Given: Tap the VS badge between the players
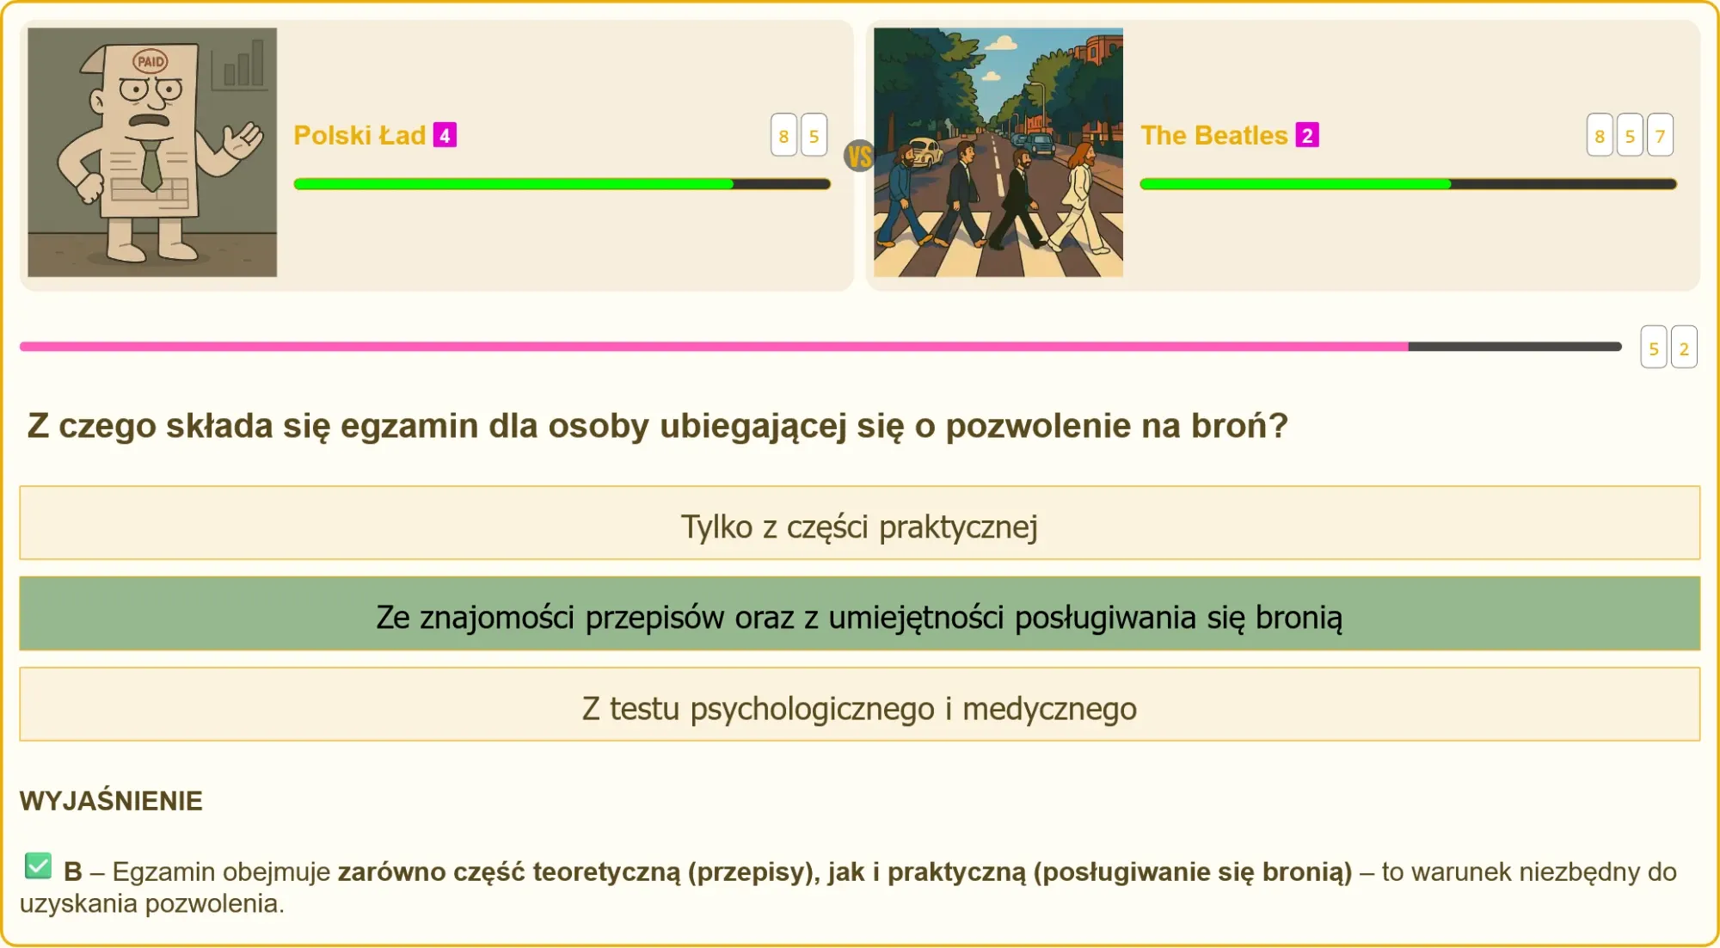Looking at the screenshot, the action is (859, 156).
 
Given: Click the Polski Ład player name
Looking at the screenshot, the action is (359, 135).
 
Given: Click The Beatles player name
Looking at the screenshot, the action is (1213, 135).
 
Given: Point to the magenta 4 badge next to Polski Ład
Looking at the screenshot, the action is (445, 135).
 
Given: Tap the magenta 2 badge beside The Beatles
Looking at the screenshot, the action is (1307, 135).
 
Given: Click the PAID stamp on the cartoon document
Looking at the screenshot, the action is (150, 61).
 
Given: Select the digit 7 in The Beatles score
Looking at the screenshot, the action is (1660, 135).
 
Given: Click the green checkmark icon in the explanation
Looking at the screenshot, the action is (38, 865).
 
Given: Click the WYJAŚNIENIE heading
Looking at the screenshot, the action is (111, 801).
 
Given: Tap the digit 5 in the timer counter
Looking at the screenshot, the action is (1653, 348).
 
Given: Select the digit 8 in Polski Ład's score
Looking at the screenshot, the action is (783, 135).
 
